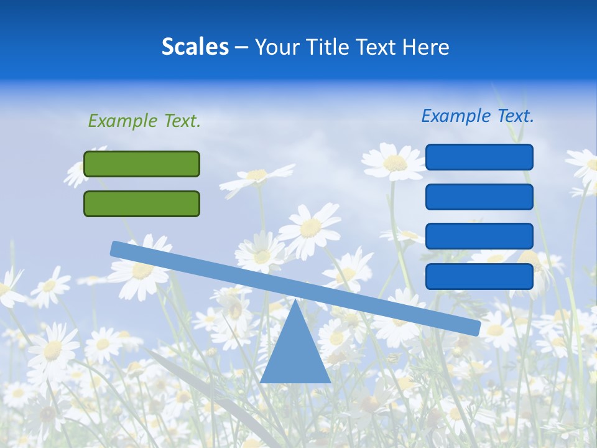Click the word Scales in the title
195,47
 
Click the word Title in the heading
335,47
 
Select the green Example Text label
144,121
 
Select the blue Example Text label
478,116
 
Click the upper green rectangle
142,164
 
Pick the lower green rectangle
142,203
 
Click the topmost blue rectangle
479,157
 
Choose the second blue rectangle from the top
479,197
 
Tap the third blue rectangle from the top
479,236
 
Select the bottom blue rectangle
479,276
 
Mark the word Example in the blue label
456,116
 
